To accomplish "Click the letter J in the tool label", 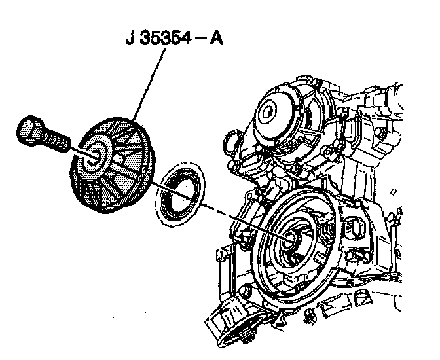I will pyautogui.click(x=130, y=39).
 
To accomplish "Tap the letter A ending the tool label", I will pyautogui.click(x=216, y=39).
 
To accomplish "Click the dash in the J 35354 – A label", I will pyautogui.click(x=199, y=39).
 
